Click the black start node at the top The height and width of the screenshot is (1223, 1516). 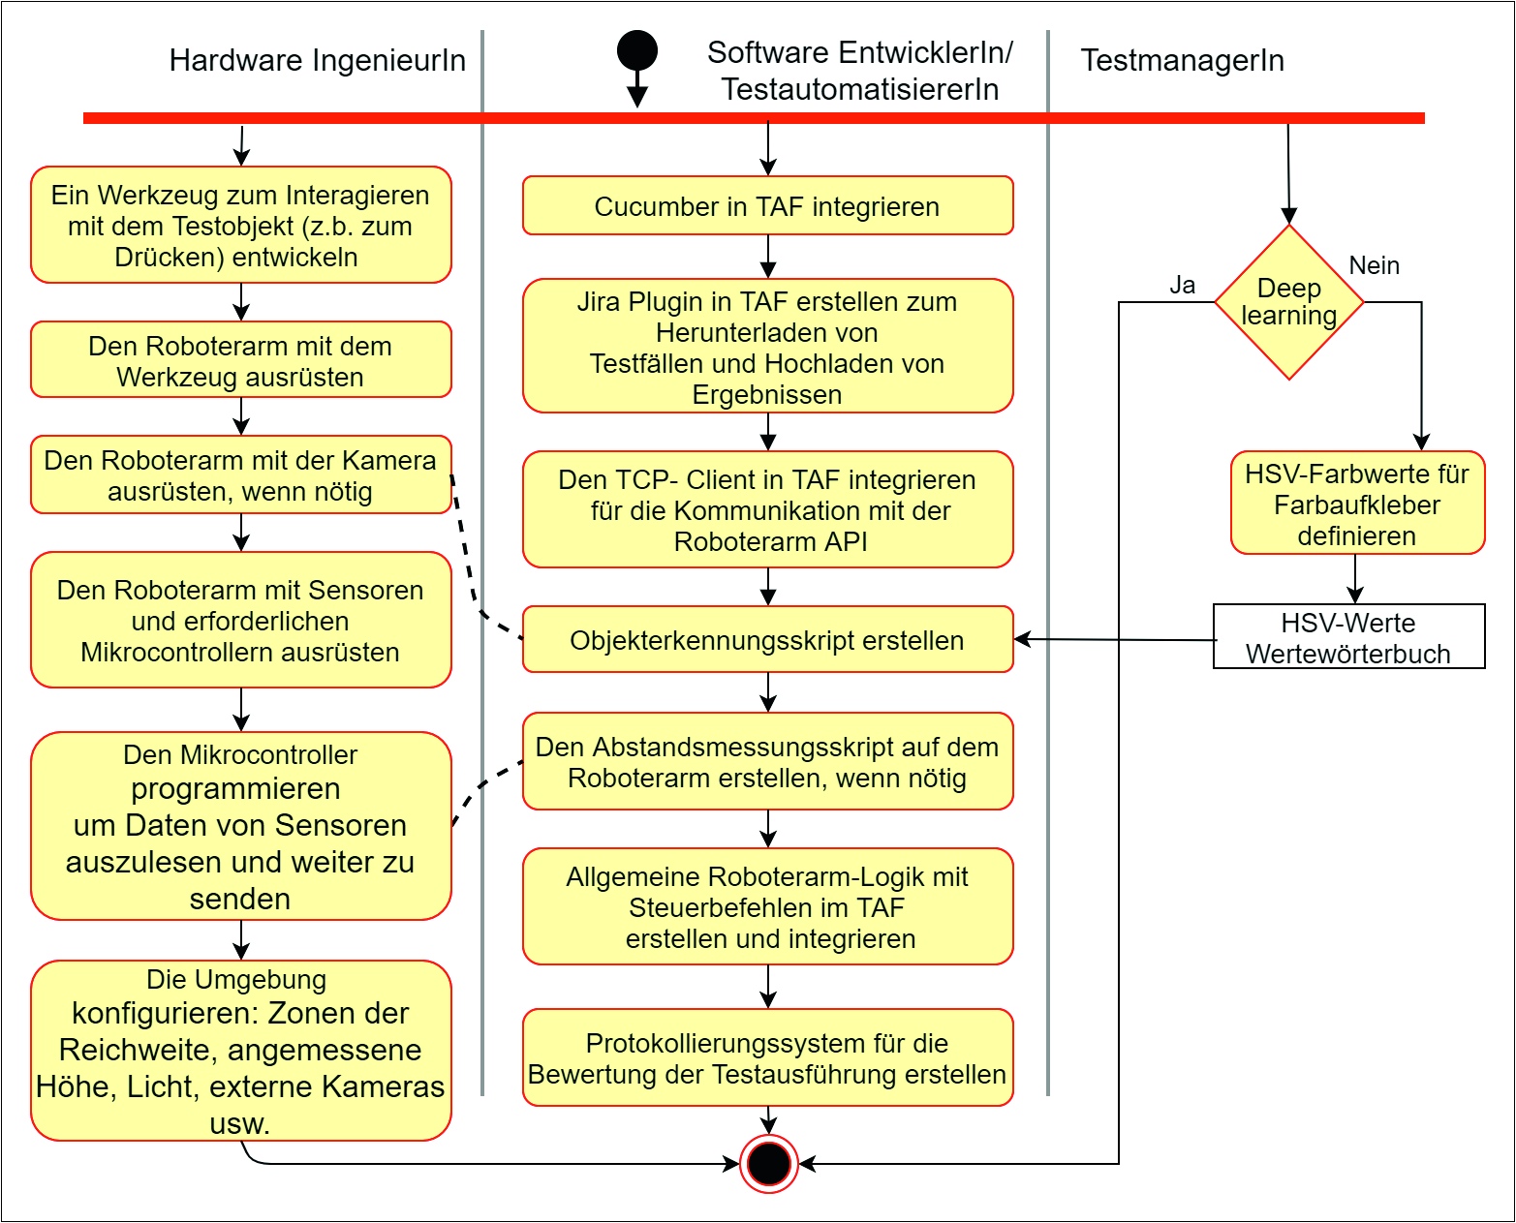click(x=637, y=50)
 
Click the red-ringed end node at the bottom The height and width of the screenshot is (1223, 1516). click(x=769, y=1163)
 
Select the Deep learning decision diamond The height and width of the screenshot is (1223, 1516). click(x=1289, y=302)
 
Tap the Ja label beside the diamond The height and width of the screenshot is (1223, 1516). click(x=1182, y=285)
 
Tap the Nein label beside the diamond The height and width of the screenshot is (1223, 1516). click(x=1374, y=265)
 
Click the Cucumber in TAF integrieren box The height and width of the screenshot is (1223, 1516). click(x=767, y=206)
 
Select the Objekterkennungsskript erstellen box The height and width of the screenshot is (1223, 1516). click(x=767, y=640)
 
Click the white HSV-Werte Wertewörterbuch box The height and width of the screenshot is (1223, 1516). click(x=1348, y=637)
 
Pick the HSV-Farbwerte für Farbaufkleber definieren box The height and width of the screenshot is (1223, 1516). click(x=1357, y=504)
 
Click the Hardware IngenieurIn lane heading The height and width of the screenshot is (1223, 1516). click(x=317, y=60)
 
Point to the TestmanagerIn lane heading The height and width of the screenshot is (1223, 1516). click(x=1182, y=60)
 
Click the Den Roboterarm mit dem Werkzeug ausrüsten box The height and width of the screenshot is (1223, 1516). click(x=240, y=360)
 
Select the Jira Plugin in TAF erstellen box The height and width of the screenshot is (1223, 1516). click(x=767, y=347)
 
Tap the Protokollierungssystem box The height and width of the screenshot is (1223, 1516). click(x=767, y=1058)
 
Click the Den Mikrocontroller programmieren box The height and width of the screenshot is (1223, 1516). click(x=240, y=826)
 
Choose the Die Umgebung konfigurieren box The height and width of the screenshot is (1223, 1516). click(x=240, y=1051)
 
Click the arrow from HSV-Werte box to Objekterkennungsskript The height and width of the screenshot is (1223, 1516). click(x=1114, y=640)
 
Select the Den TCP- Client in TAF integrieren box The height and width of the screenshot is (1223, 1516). click(x=767, y=509)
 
